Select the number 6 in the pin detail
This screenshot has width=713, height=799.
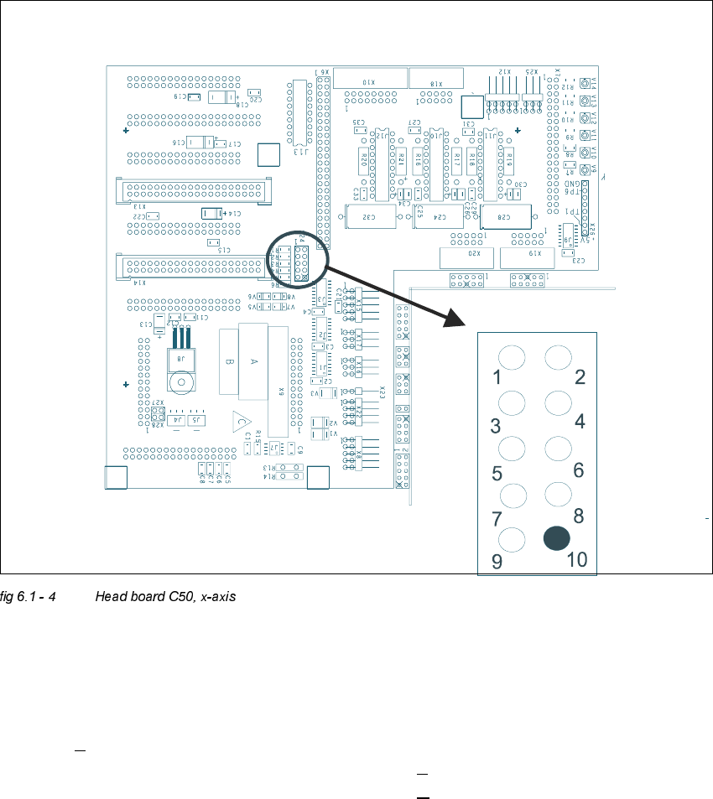click(x=578, y=470)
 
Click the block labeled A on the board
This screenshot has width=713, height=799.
click(x=252, y=361)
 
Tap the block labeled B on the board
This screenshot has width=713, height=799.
click(x=229, y=362)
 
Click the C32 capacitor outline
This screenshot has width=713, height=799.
click(x=369, y=216)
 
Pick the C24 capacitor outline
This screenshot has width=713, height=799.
click(x=440, y=216)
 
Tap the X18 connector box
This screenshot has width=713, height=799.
click(x=436, y=81)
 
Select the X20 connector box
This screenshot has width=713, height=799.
click(x=466, y=257)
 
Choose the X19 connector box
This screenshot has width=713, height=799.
click(x=528, y=257)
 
